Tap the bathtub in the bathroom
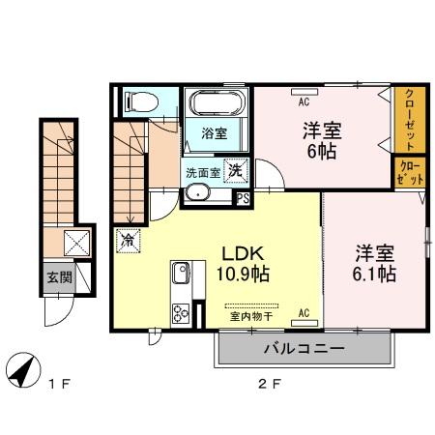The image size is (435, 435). point(217,102)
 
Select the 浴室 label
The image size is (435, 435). point(215,133)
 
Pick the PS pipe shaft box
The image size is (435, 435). point(243,199)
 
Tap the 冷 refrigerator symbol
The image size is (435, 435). point(126,236)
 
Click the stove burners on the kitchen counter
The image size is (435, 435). point(180,312)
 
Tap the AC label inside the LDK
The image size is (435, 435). point(304,313)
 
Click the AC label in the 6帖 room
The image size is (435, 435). point(303,101)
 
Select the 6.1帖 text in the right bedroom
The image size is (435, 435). point(374,275)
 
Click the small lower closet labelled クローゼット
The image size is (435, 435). point(408,173)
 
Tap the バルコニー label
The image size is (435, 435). point(304,348)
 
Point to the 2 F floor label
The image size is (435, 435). point(269,385)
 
